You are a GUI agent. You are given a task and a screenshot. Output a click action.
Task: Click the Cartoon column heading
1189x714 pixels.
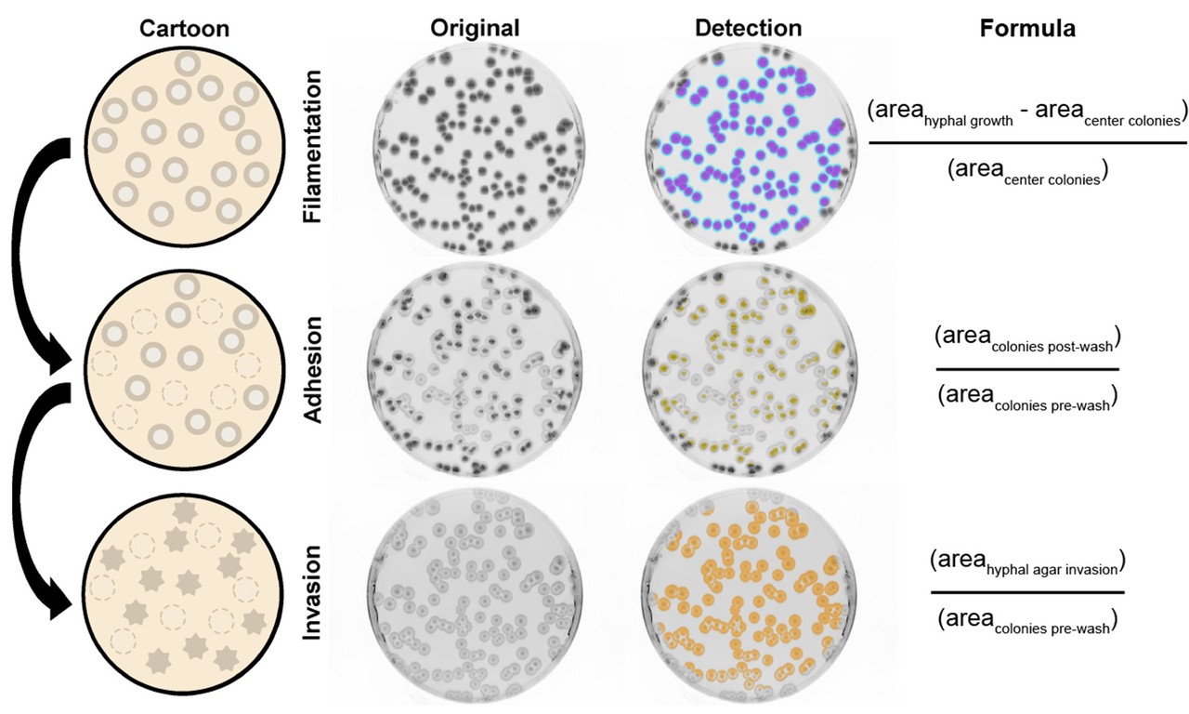(184, 28)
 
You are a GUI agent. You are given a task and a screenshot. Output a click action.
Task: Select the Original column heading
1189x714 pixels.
(475, 28)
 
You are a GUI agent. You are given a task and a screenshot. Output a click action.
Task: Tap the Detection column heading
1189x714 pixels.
(748, 28)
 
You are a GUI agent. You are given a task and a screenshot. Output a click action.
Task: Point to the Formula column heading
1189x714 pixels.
(1027, 29)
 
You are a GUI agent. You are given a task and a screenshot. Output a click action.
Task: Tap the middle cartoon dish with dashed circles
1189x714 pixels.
(184, 364)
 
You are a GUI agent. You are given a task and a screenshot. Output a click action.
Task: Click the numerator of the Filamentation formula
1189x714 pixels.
(1027, 113)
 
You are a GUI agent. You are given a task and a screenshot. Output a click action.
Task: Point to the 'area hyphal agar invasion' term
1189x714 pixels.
(1027, 563)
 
